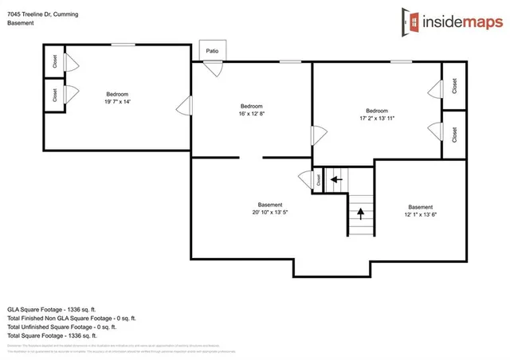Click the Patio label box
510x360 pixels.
pyautogui.click(x=212, y=50)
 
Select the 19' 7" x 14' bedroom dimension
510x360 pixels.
pyautogui.click(x=116, y=101)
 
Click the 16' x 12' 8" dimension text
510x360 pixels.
pyautogui.click(x=251, y=114)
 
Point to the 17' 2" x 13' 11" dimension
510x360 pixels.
pyautogui.click(x=377, y=118)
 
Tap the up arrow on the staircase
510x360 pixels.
pyautogui.click(x=360, y=213)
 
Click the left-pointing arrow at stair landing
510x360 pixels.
pyautogui.click(x=335, y=179)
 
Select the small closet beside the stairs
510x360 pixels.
pyautogui.click(x=317, y=179)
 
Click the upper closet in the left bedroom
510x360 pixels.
pyautogui.click(x=54, y=61)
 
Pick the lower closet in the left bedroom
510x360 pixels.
pyautogui.click(x=54, y=96)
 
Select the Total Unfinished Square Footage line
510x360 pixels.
pyautogui.click(x=62, y=327)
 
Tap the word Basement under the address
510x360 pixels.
pyautogui.click(x=21, y=23)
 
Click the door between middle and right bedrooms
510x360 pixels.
pyautogui.click(x=317, y=135)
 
